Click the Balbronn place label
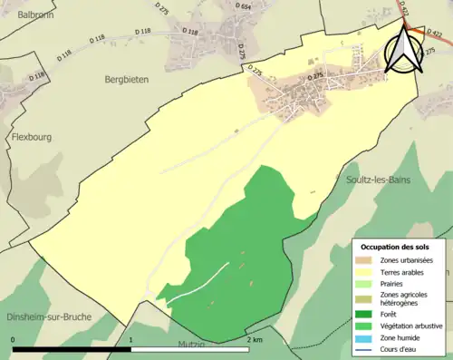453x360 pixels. pyautogui.click(x=28, y=15)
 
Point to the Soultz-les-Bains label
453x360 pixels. pyautogui.click(x=378, y=180)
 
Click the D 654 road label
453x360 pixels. pyautogui.click(x=244, y=6)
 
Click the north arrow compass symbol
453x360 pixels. pyautogui.click(x=403, y=51)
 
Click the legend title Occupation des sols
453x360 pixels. pyautogui.click(x=395, y=247)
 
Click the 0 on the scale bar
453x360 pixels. pyautogui.click(x=14, y=340)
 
